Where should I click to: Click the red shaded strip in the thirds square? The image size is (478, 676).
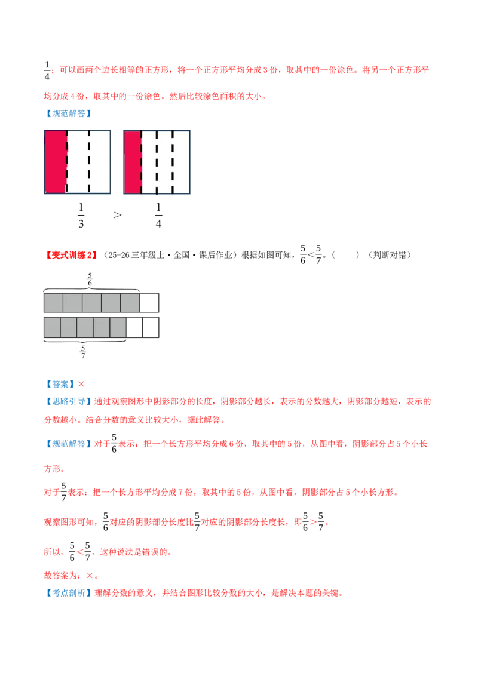click(56, 162)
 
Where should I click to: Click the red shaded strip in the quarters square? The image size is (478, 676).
click(133, 162)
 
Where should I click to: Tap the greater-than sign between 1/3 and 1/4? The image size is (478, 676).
click(117, 215)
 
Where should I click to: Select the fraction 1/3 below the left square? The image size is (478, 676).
click(81, 215)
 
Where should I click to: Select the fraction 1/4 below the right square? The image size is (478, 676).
click(158, 215)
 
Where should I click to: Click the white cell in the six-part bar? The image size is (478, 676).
click(149, 303)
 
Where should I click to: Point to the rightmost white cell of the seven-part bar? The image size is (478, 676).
click(151, 327)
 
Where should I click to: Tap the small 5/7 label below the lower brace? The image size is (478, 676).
click(83, 351)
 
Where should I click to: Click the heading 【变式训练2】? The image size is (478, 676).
click(71, 255)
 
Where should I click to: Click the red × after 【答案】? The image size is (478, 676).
click(81, 384)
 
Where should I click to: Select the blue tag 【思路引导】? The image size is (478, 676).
click(69, 401)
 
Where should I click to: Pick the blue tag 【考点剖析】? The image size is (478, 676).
click(69, 593)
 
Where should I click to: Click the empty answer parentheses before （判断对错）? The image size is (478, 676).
click(345, 255)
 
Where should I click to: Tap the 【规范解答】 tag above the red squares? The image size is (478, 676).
click(69, 113)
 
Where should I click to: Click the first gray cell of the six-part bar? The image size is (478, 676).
click(54, 303)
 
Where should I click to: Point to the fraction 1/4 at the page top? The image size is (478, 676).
click(47, 70)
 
